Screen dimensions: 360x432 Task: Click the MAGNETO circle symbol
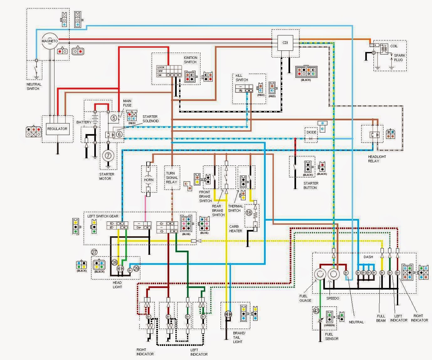coord(50,41)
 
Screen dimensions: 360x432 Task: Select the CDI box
coord(285,43)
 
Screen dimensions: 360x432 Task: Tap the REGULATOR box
coord(57,129)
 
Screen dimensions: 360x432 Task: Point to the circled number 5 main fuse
coord(114,118)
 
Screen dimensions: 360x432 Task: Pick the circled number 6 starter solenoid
coord(119,134)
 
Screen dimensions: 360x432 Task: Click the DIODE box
coord(311,133)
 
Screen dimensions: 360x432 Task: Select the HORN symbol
coord(148,180)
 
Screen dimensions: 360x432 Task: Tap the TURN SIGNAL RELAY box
coord(172,178)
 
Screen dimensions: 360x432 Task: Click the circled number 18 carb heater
coord(249,213)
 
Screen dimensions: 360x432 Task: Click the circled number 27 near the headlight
coord(94,252)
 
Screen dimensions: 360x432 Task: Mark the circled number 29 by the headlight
coord(136,268)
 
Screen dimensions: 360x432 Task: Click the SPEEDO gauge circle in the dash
coord(333,274)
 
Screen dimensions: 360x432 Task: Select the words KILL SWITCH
coord(242,78)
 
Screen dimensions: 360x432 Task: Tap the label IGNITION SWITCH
coord(190,60)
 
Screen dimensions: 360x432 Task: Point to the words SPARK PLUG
coord(399,57)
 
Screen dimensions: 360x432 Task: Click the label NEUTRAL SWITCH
coord(34,86)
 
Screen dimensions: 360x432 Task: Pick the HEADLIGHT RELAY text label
coord(377,159)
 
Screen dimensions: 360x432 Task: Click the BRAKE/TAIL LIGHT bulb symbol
coord(228,314)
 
